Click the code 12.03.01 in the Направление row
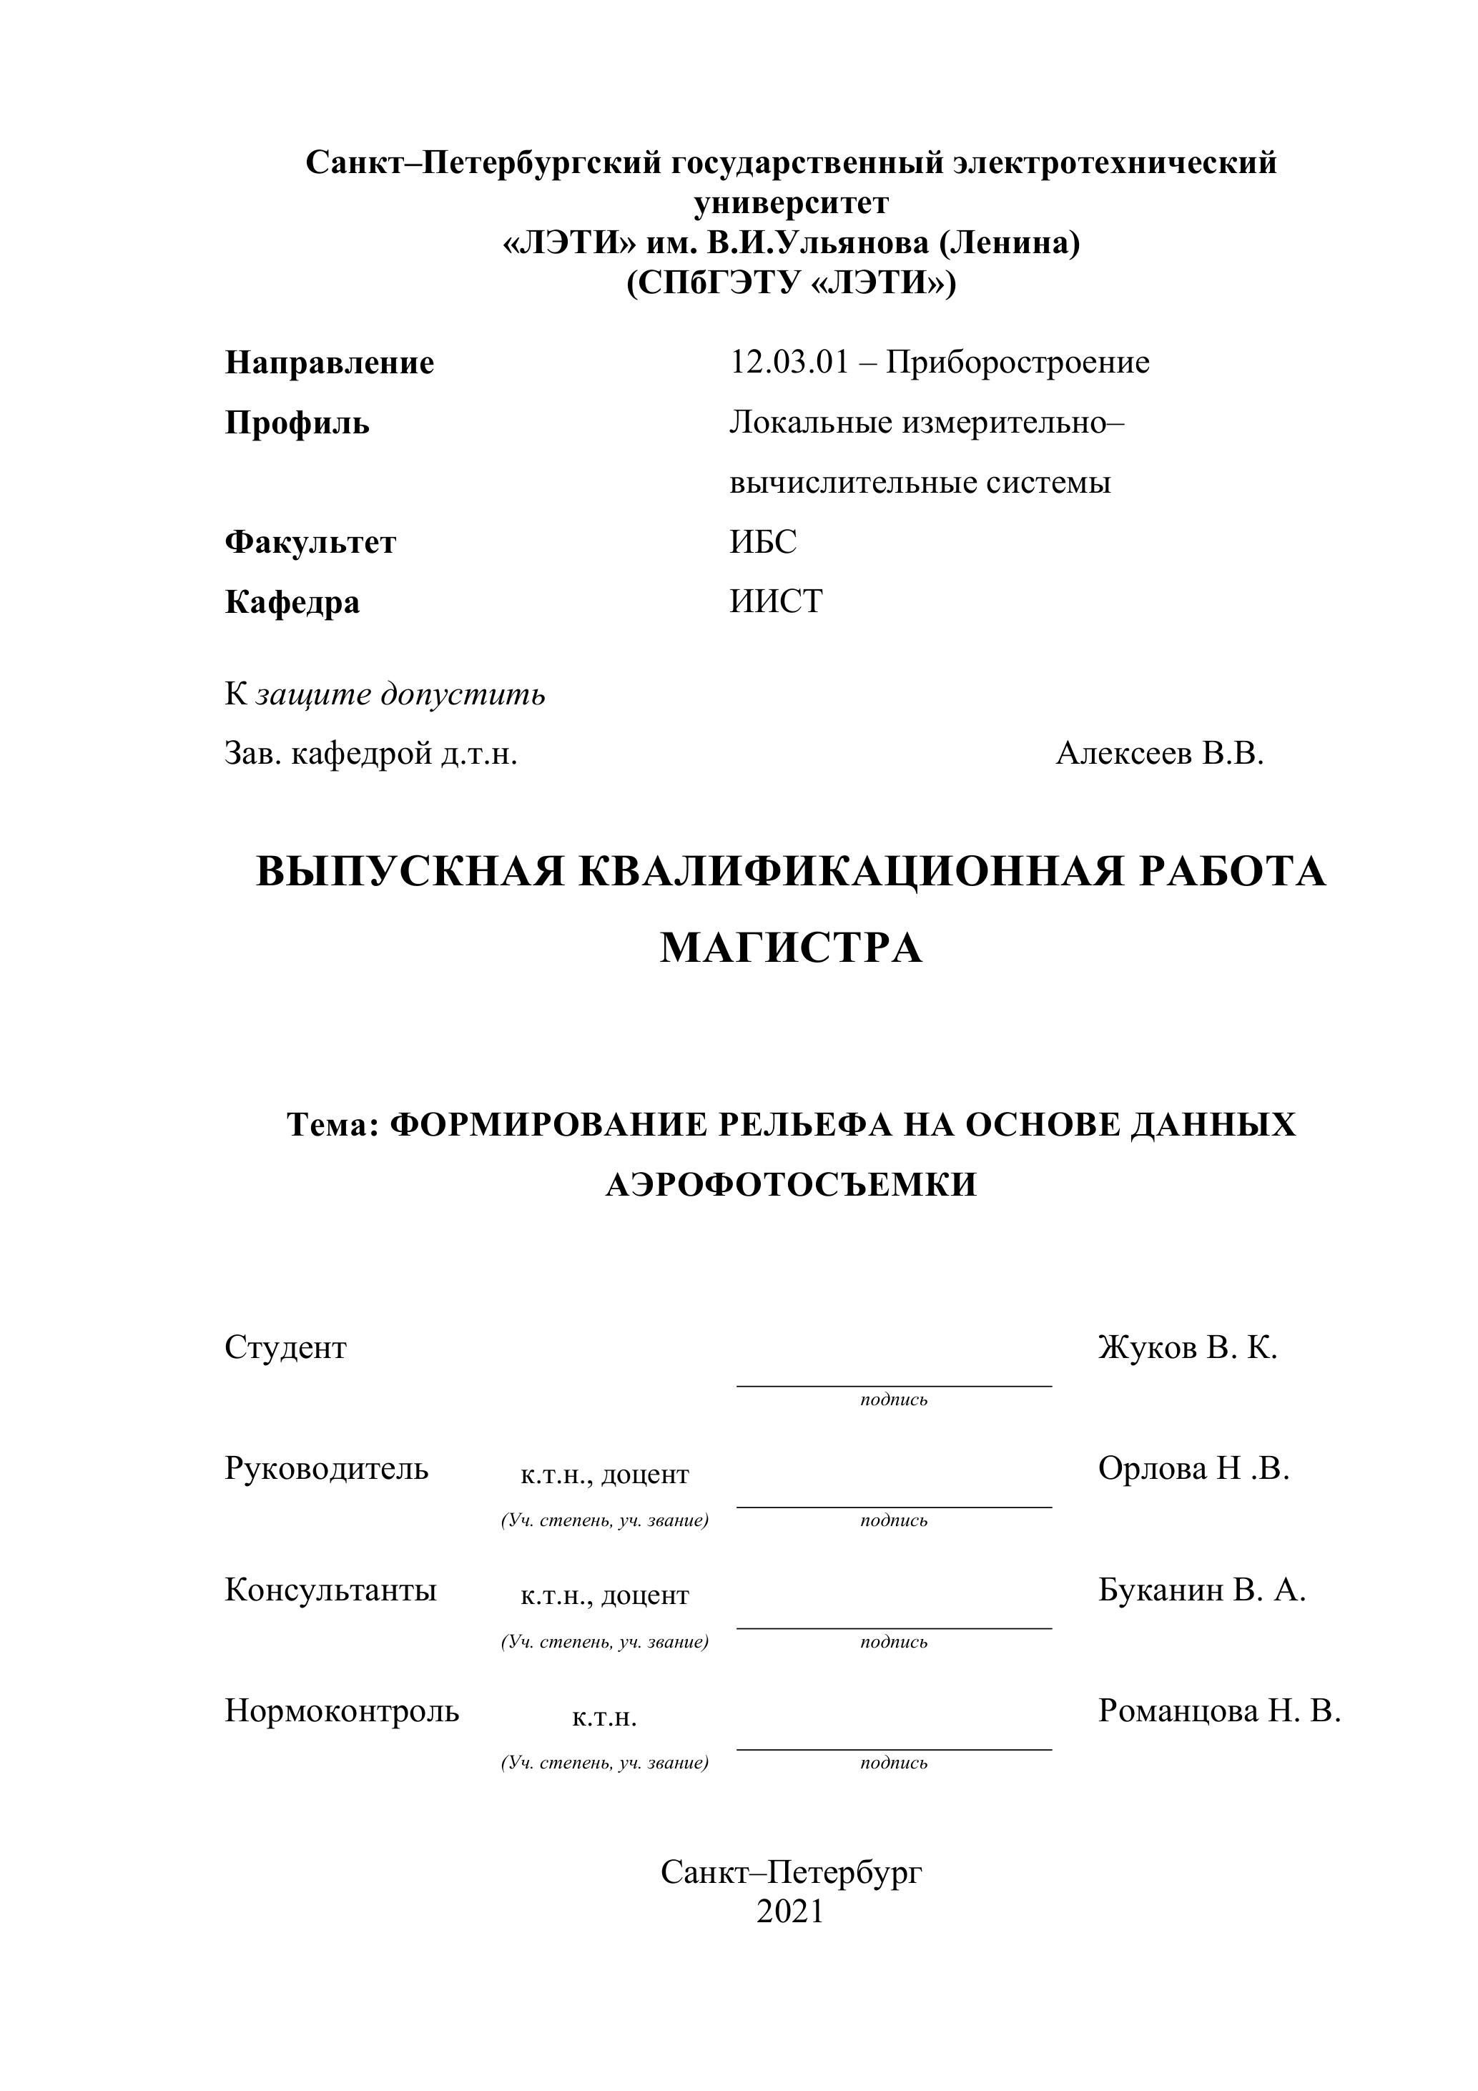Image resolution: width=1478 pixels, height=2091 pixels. click(x=789, y=363)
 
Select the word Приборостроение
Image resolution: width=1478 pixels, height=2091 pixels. click(x=1018, y=363)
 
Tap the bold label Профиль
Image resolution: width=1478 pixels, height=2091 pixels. click(x=297, y=423)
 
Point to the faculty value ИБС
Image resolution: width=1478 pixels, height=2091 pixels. click(x=762, y=542)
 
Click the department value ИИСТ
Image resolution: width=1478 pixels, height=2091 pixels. click(x=776, y=601)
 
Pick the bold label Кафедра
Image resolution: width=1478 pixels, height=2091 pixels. click(x=292, y=601)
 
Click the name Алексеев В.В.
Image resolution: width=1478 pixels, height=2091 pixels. click(x=1159, y=753)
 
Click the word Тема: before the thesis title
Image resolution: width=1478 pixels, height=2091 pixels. click(x=332, y=1125)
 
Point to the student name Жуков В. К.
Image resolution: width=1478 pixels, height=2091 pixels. click(x=1188, y=1347)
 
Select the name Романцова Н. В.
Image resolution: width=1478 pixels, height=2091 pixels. click(x=1219, y=1711)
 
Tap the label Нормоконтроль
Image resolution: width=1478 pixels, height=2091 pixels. click(x=342, y=1711)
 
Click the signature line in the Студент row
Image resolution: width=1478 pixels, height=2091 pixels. click(x=893, y=1385)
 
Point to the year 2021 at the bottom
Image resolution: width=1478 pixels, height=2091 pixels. click(x=789, y=1911)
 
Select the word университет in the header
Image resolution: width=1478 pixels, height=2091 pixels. click(x=790, y=202)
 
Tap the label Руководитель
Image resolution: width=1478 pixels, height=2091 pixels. click(x=326, y=1468)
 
